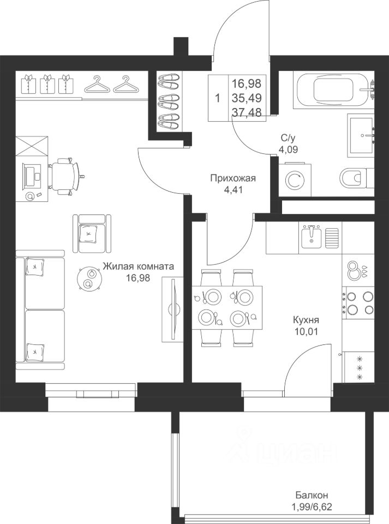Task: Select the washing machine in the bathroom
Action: point(295,180)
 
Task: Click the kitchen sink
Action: point(311,236)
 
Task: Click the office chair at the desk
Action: point(65,175)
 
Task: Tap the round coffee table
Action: point(89,279)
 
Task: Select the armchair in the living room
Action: point(92,234)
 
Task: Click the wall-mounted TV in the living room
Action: point(172,309)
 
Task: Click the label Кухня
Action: point(306,320)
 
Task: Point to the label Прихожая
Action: point(233,178)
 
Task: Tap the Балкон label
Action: point(312,495)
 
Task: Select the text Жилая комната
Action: point(138,266)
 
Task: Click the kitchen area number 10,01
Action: point(306,331)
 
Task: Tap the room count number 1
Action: point(218,99)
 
